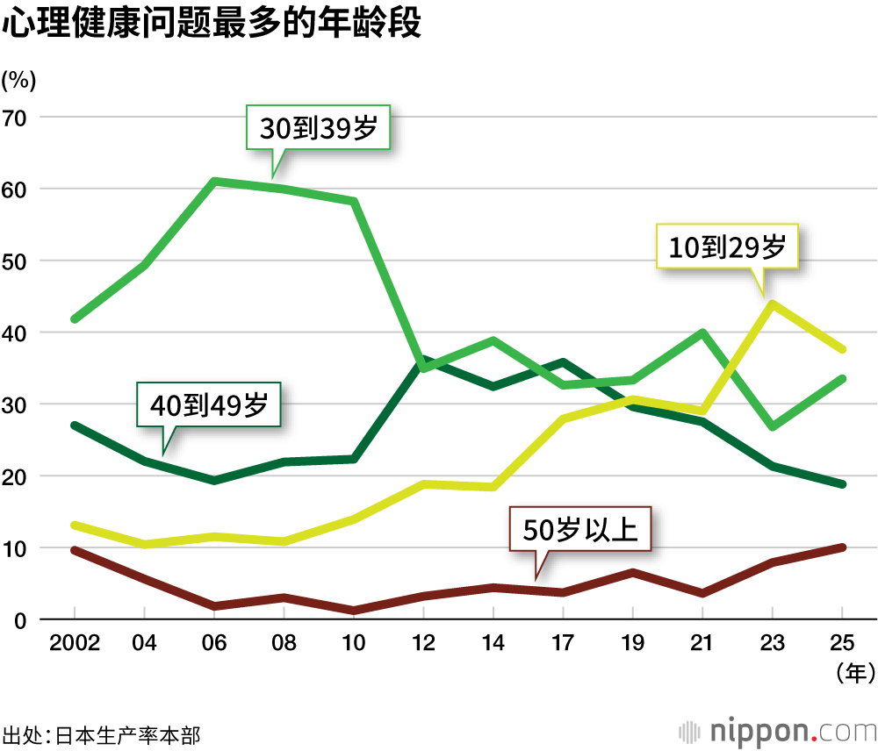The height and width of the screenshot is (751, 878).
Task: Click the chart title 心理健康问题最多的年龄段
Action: click(x=212, y=24)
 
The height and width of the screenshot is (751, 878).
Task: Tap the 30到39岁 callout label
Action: click(x=318, y=130)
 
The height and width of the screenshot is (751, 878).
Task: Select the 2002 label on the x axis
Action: click(x=75, y=643)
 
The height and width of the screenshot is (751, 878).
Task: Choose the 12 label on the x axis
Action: click(x=423, y=643)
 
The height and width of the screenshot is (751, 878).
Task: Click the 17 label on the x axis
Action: click(x=563, y=643)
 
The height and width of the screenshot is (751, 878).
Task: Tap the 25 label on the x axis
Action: click(x=843, y=643)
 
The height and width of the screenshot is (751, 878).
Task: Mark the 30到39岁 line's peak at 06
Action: click(x=213, y=182)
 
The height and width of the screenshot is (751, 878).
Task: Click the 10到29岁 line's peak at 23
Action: click(x=772, y=304)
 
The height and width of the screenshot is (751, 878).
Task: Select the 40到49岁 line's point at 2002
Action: click(x=75, y=426)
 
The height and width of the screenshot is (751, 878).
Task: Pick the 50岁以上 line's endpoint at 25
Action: click(x=843, y=547)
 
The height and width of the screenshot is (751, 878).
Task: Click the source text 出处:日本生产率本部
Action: click(x=101, y=733)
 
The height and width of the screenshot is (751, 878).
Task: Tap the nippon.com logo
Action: click(x=778, y=731)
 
